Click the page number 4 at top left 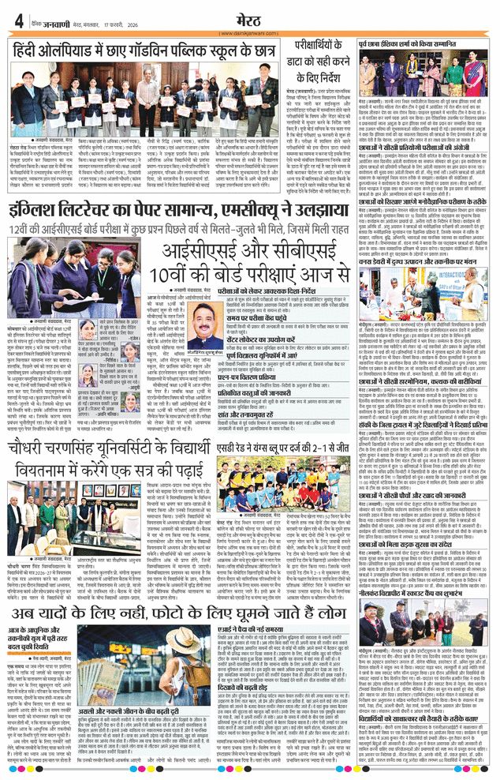click(18, 20)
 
